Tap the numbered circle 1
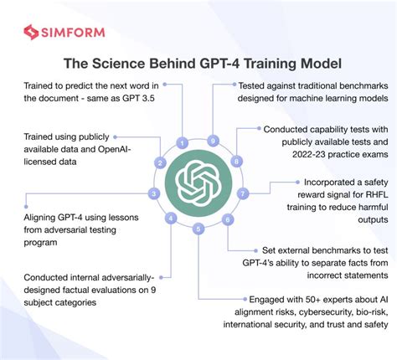click(183, 142)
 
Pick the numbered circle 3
click(153, 193)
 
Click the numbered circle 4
click(171, 219)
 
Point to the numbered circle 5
click(198, 228)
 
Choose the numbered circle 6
click(227, 219)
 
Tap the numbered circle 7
click(244, 193)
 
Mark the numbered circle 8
click(237, 162)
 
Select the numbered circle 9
click(214, 141)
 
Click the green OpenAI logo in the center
click(198, 183)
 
